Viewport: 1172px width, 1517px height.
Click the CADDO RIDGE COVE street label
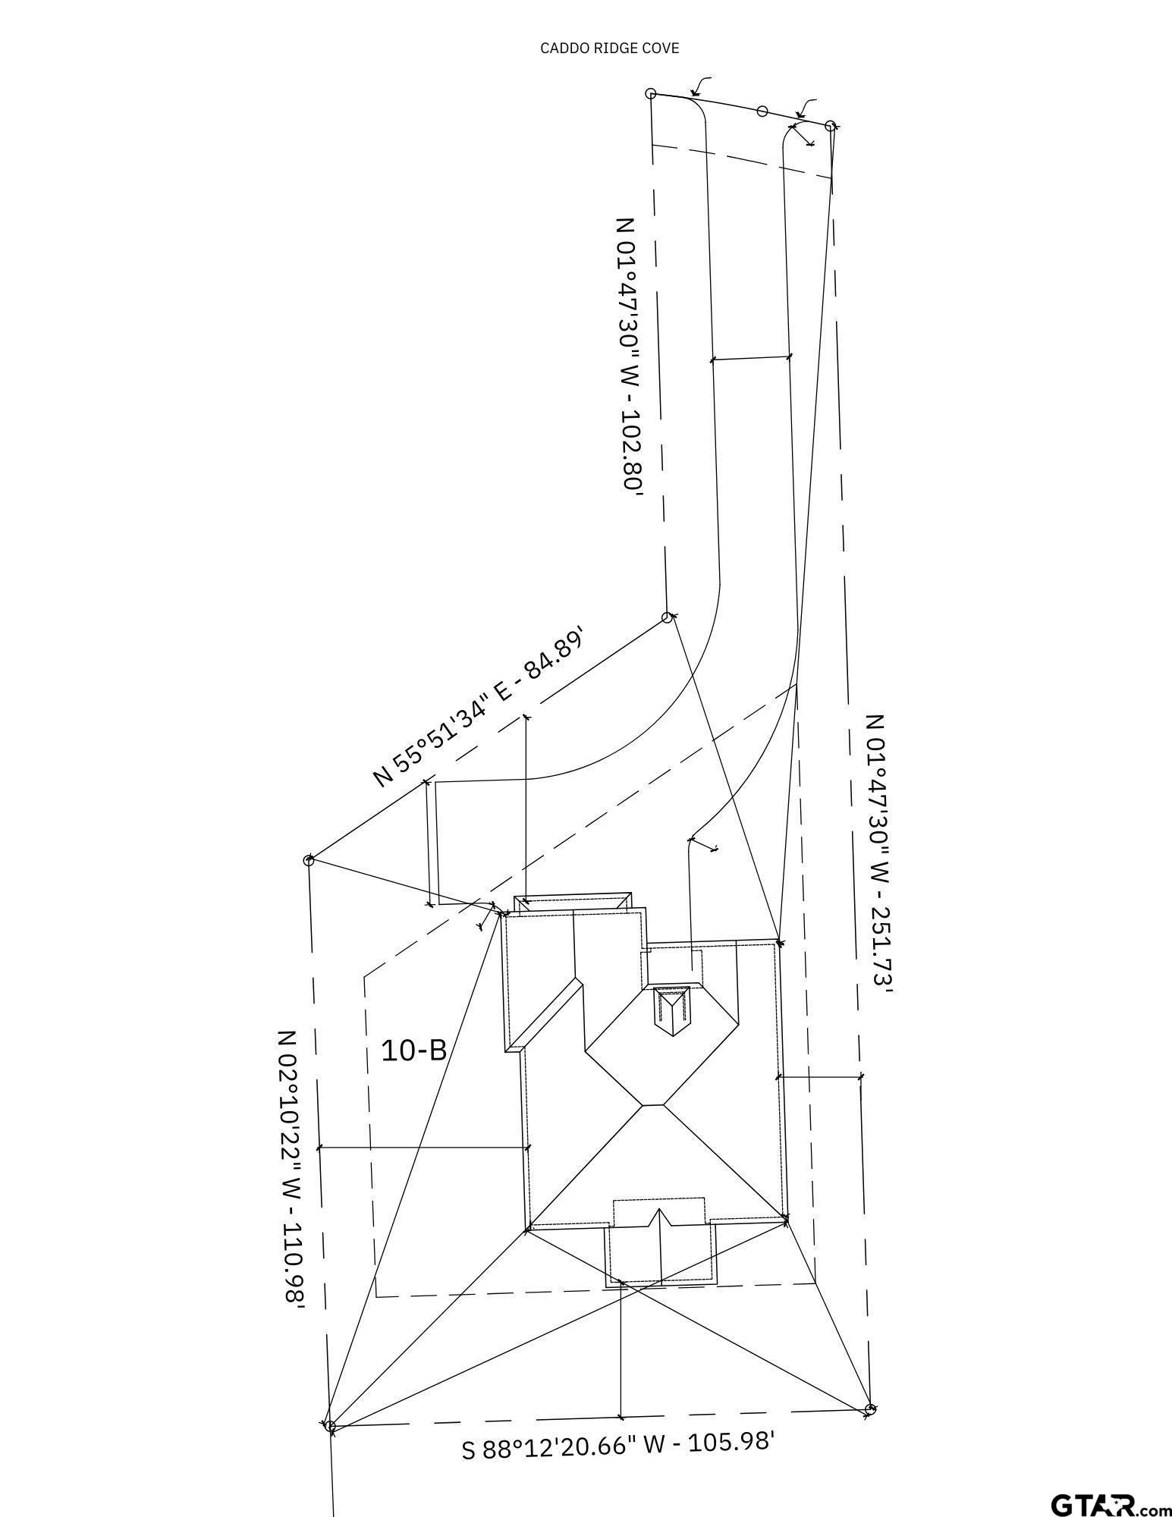pyautogui.click(x=609, y=48)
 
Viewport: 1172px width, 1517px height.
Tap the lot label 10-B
pyautogui.click(x=413, y=1051)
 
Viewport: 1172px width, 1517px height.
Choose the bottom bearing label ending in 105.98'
pyautogui.click(x=617, y=1443)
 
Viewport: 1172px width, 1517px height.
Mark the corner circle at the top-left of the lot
pyautogui.click(x=651, y=93)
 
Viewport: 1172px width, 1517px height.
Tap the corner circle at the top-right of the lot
pyautogui.click(x=830, y=126)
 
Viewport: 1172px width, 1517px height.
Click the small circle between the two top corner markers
pyautogui.click(x=762, y=111)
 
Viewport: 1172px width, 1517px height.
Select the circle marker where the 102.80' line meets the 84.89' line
pyautogui.click(x=667, y=617)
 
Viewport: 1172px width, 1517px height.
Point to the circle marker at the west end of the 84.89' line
pyautogui.click(x=309, y=860)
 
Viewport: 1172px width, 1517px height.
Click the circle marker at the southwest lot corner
pyautogui.click(x=330, y=1426)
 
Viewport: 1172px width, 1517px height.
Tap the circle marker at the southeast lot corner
pyautogui.click(x=870, y=1409)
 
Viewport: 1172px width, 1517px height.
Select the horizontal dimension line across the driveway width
pyautogui.click(x=750, y=357)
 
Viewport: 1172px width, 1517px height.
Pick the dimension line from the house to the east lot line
pyautogui.click(x=819, y=1076)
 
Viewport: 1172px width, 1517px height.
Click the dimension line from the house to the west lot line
pyautogui.click(x=423, y=1148)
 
